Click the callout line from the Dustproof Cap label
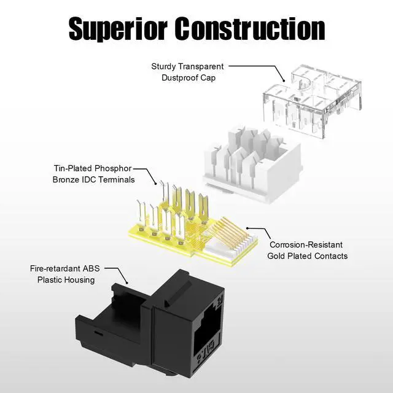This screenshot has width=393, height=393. [258, 66]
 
